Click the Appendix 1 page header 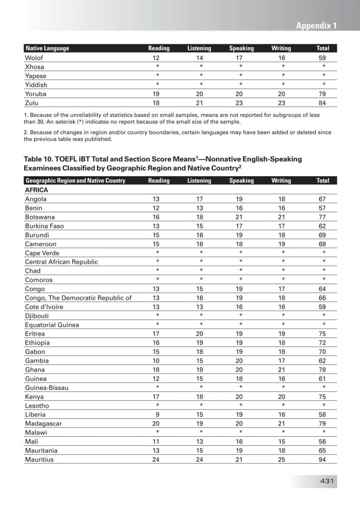[x=316, y=26]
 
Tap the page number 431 [x=327, y=481]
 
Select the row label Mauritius [x=39, y=460]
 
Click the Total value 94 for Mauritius [x=322, y=460]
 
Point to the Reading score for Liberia [x=156, y=415]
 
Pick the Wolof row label [x=34, y=58]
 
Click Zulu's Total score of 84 [x=322, y=103]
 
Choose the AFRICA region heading [x=37, y=190]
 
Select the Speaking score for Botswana [x=239, y=217]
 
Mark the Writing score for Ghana [x=281, y=370]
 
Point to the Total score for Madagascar [x=322, y=423]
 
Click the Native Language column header [x=47, y=48]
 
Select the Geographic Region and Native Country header [x=75, y=181]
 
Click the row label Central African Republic [x=61, y=262]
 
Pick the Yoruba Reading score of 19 [x=156, y=94]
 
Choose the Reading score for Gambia [x=156, y=361]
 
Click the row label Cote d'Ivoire [x=44, y=307]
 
